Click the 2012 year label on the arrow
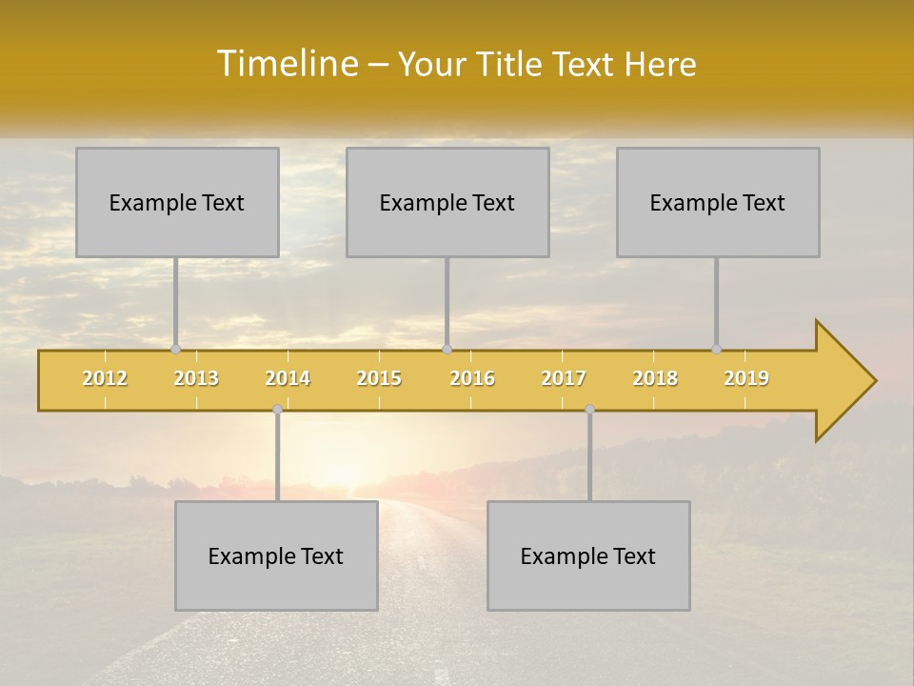105,378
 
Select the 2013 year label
196,378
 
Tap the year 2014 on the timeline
288,378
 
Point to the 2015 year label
379,378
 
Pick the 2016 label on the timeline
471,378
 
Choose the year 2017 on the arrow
564,378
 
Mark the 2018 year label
655,378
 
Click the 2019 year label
746,378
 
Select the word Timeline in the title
287,64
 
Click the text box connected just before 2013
177,202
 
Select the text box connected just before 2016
447,202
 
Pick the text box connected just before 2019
718,202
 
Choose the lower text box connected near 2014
276,555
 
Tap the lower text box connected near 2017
588,555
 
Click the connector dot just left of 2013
175,349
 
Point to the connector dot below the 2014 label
277,409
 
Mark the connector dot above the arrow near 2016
447,349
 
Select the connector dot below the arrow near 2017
589,409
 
